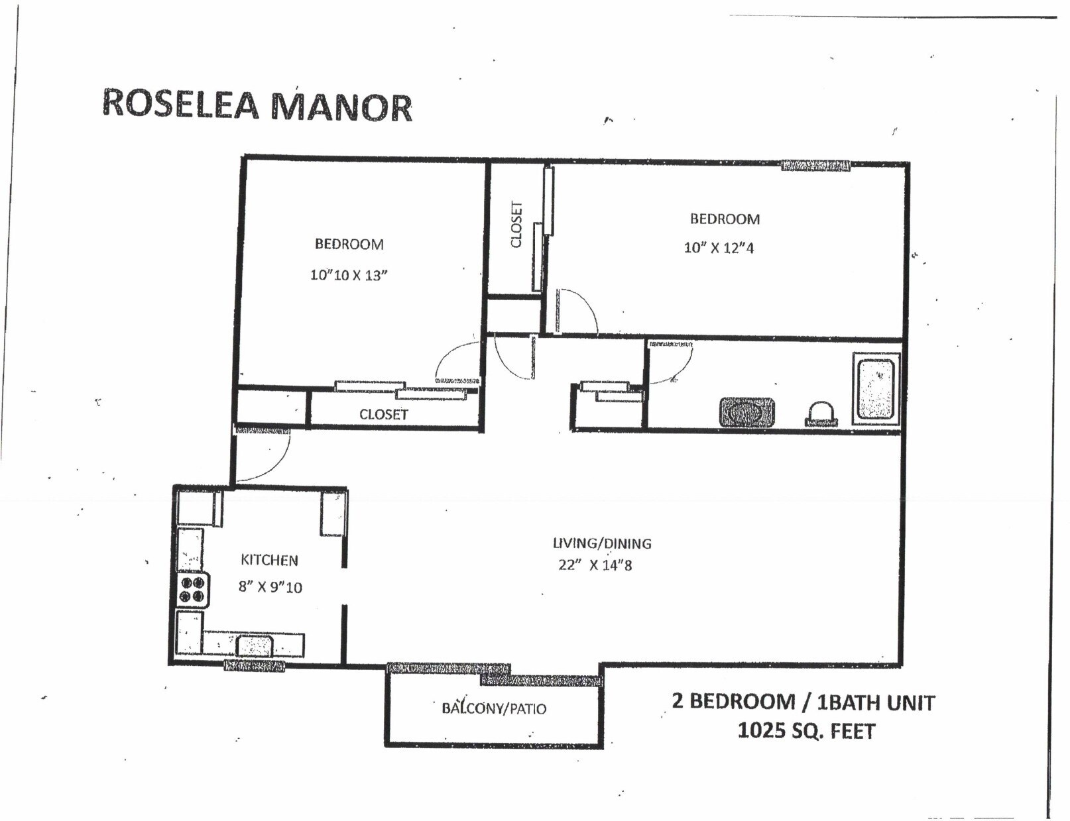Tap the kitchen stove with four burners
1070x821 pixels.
pos(193,590)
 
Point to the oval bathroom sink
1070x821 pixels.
pos(747,412)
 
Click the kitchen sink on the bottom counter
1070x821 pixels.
pos(255,645)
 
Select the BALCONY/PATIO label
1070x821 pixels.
pos(494,708)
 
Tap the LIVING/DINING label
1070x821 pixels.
pos(602,543)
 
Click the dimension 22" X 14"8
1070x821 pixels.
pos(595,565)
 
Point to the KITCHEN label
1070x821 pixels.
pos(269,560)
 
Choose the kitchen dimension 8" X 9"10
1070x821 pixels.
pos(270,587)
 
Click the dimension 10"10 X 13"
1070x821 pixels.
pos(349,275)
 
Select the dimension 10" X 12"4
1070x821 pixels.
pos(719,248)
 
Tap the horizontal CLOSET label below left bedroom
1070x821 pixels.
pos(383,414)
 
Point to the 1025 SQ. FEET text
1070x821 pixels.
pos(806,731)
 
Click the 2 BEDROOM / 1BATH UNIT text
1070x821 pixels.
pos(803,702)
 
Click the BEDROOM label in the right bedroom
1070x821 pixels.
pos(725,219)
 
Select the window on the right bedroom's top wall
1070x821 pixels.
pos(815,166)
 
